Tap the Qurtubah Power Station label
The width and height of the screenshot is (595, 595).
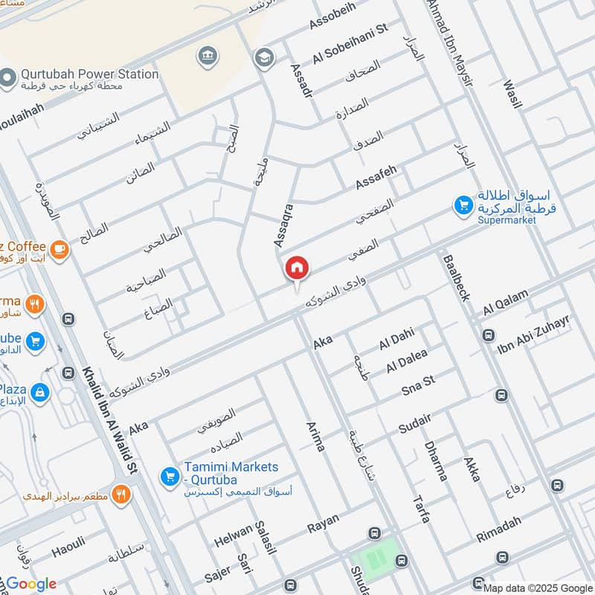coord(89,74)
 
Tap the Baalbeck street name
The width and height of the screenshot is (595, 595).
coord(456,278)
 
